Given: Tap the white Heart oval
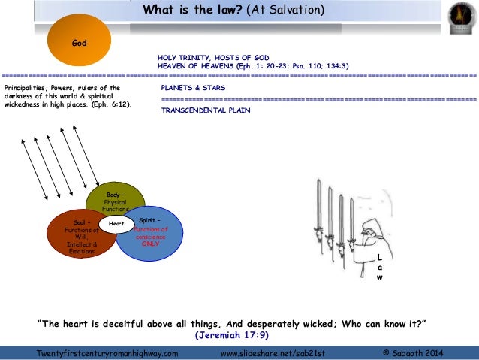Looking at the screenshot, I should [116, 223].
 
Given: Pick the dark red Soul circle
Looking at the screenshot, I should [78, 237].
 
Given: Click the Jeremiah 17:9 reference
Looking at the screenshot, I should [231, 334].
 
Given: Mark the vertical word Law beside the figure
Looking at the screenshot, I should [379, 267].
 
